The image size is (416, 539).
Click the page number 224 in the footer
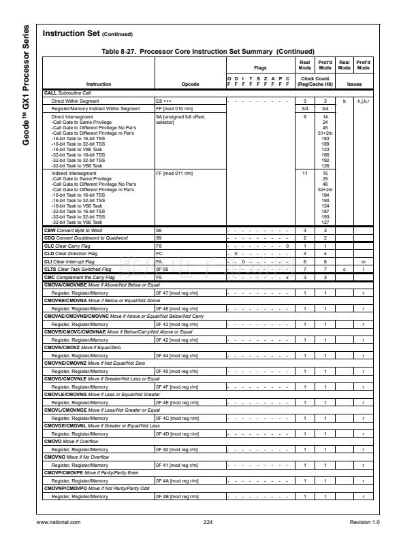208,522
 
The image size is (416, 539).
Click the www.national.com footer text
58,522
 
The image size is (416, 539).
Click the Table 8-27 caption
208,52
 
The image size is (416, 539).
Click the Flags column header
259,68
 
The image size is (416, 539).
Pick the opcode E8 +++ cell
165,100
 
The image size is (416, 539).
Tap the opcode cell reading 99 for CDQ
159,238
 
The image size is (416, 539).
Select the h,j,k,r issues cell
364,100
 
